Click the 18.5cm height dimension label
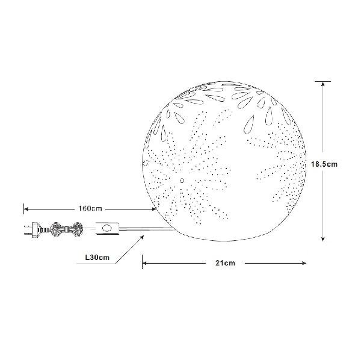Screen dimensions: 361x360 (x=324, y=164)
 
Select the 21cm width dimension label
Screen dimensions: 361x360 (x=226, y=263)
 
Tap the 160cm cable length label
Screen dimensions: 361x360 (x=90, y=209)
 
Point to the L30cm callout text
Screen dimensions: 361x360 (x=97, y=257)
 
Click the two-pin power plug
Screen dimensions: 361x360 (x=32, y=229)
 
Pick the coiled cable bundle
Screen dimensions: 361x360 (x=66, y=229)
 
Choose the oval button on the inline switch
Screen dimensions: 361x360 (x=107, y=228)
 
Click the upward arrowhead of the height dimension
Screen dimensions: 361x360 (x=322, y=84)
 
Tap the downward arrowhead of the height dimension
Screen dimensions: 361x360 (x=322, y=239)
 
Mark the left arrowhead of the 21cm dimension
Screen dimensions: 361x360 (x=145, y=263)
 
